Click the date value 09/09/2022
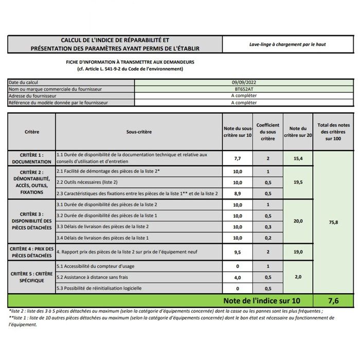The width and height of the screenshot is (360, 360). [243, 82]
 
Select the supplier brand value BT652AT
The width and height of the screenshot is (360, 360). [243, 89]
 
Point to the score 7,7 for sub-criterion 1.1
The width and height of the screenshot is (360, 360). [238, 159]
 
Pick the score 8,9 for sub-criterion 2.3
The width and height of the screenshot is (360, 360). [238, 193]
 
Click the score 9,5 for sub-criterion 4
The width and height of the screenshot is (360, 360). [238, 252]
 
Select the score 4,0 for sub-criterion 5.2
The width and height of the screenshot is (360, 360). [238, 277]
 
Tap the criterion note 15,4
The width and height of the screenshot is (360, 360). [298, 159]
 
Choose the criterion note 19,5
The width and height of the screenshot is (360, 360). [298, 182]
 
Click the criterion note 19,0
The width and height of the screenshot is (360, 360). [298, 252]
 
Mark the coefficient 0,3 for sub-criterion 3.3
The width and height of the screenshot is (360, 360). [268, 226]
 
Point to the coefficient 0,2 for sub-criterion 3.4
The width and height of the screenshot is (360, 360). [268, 238]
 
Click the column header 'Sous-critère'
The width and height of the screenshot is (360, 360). [139, 132]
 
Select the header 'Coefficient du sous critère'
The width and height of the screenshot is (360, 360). [268, 132]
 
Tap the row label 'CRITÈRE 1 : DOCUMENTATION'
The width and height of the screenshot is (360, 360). [32, 158]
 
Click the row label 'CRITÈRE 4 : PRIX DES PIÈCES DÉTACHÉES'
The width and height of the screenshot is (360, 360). [32, 252]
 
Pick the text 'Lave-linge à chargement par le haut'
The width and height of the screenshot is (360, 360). [284, 44]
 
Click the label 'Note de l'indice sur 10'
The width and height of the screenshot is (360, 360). [261, 300]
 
